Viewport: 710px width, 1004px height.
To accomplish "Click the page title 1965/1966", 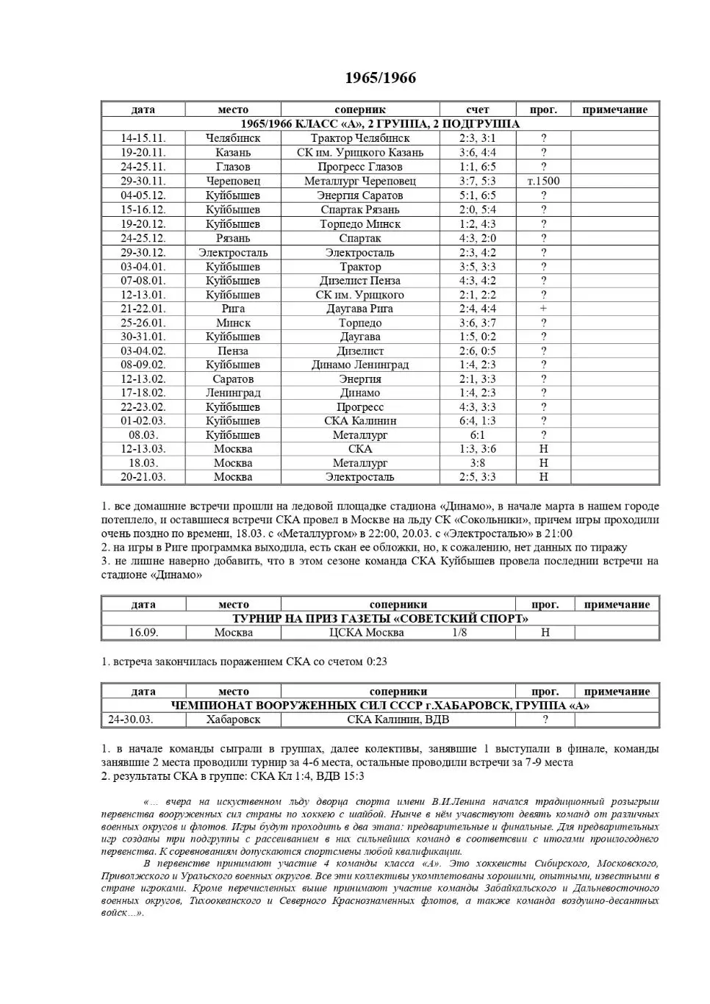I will tap(380, 78).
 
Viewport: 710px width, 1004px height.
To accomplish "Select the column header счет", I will tap(477, 110).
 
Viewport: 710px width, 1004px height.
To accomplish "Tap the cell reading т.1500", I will tap(543, 181).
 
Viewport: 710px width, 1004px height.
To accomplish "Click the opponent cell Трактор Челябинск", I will tap(360, 138).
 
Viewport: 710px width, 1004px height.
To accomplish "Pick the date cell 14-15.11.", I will tap(143, 138).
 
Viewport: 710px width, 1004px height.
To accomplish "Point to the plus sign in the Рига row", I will tap(543, 309).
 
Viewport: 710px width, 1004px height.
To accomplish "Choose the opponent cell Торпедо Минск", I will tap(360, 224).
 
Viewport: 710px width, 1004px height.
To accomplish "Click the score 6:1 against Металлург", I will tap(477, 435).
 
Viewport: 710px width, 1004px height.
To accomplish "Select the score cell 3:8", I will tap(477, 463).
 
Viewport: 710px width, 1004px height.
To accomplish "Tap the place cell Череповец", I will tap(233, 181).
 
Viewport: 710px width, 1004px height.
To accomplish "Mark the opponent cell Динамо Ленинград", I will tap(360, 365).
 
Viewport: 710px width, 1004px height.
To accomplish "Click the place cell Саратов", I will tap(233, 379).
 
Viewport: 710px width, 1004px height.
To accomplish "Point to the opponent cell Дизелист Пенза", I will tap(360, 281).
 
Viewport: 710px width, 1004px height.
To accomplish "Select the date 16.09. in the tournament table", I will tap(143, 633).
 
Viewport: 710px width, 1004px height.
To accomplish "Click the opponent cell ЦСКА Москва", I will tap(366, 633).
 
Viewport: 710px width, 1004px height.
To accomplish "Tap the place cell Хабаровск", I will tap(233, 720).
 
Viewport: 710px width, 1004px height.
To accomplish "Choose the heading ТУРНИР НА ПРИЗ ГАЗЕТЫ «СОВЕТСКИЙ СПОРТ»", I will tap(380, 619).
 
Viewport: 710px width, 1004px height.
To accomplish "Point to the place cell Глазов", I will tap(233, 167).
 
